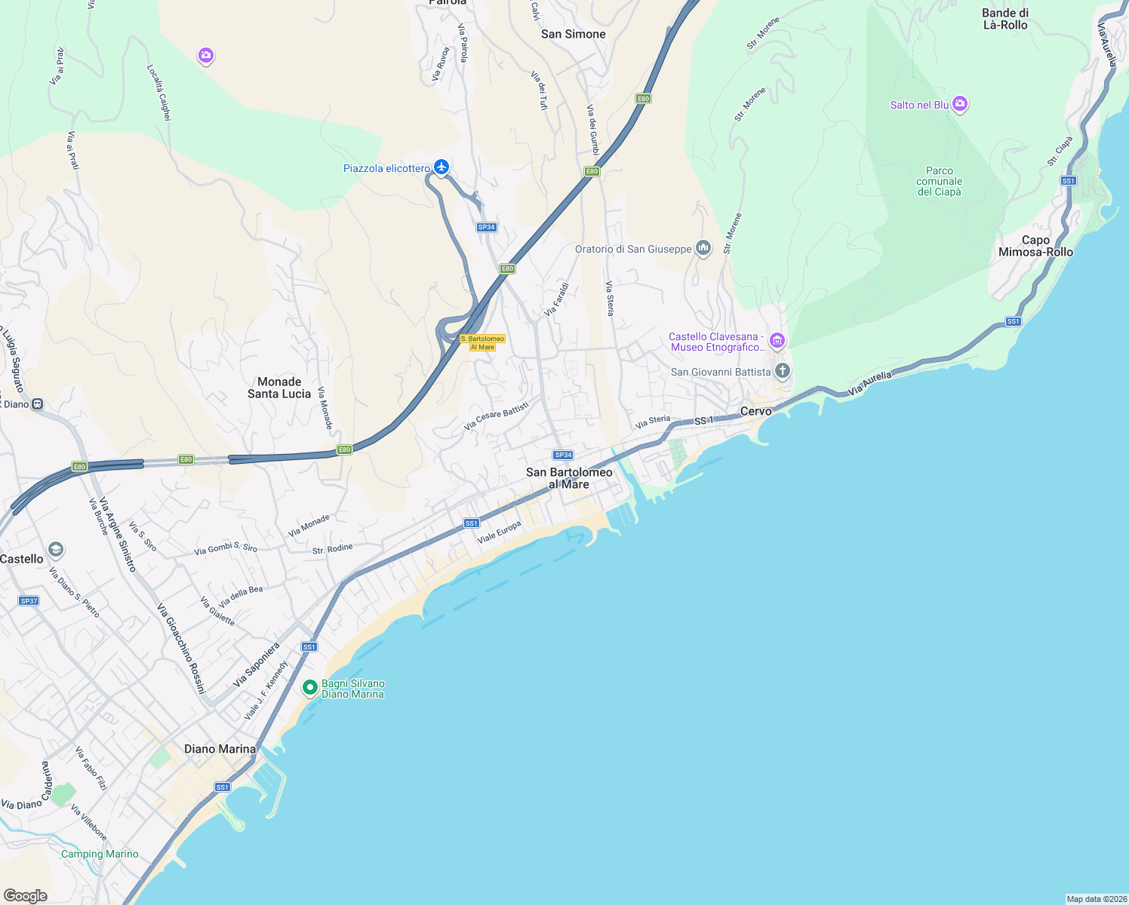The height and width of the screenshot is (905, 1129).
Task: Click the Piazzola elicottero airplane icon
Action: (x=441, y=167)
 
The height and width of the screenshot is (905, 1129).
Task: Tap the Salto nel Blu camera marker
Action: (x=960, y=104)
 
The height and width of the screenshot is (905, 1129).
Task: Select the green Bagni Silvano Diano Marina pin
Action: (x=309, y=688)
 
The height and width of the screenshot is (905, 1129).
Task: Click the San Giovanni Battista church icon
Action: (x=783, y=371)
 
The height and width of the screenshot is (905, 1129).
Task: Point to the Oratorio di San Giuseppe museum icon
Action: (x=703, y=248)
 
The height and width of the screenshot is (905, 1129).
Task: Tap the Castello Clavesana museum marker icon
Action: (x=777, y=341)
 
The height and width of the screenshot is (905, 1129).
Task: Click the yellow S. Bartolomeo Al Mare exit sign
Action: (x=482, y=343)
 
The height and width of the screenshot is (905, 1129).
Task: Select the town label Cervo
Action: (x=755, y=411)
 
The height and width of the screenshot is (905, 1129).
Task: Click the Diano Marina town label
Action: (x=220, y=749)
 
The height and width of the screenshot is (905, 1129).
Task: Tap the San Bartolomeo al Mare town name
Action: (x=569, y=478)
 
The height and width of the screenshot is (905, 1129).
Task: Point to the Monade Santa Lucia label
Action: (x=279, y=388)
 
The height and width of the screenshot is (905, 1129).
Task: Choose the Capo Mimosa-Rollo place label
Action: (x=1035, y=246)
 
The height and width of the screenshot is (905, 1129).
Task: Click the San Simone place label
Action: (x=574, y=34)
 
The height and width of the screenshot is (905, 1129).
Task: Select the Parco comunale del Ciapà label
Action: (x=940, y=181)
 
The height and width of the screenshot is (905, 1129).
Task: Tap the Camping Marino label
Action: (x=100, y=854)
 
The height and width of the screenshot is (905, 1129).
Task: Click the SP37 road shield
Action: (x=29, y=601)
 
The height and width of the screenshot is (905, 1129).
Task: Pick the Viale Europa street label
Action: (x=499, y=532)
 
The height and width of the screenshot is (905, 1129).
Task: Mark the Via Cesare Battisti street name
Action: (x=497, y=416)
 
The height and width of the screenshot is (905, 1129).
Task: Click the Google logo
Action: (x=26, y=895)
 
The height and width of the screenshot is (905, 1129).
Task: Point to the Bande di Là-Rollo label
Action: (x=1005, y=19)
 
